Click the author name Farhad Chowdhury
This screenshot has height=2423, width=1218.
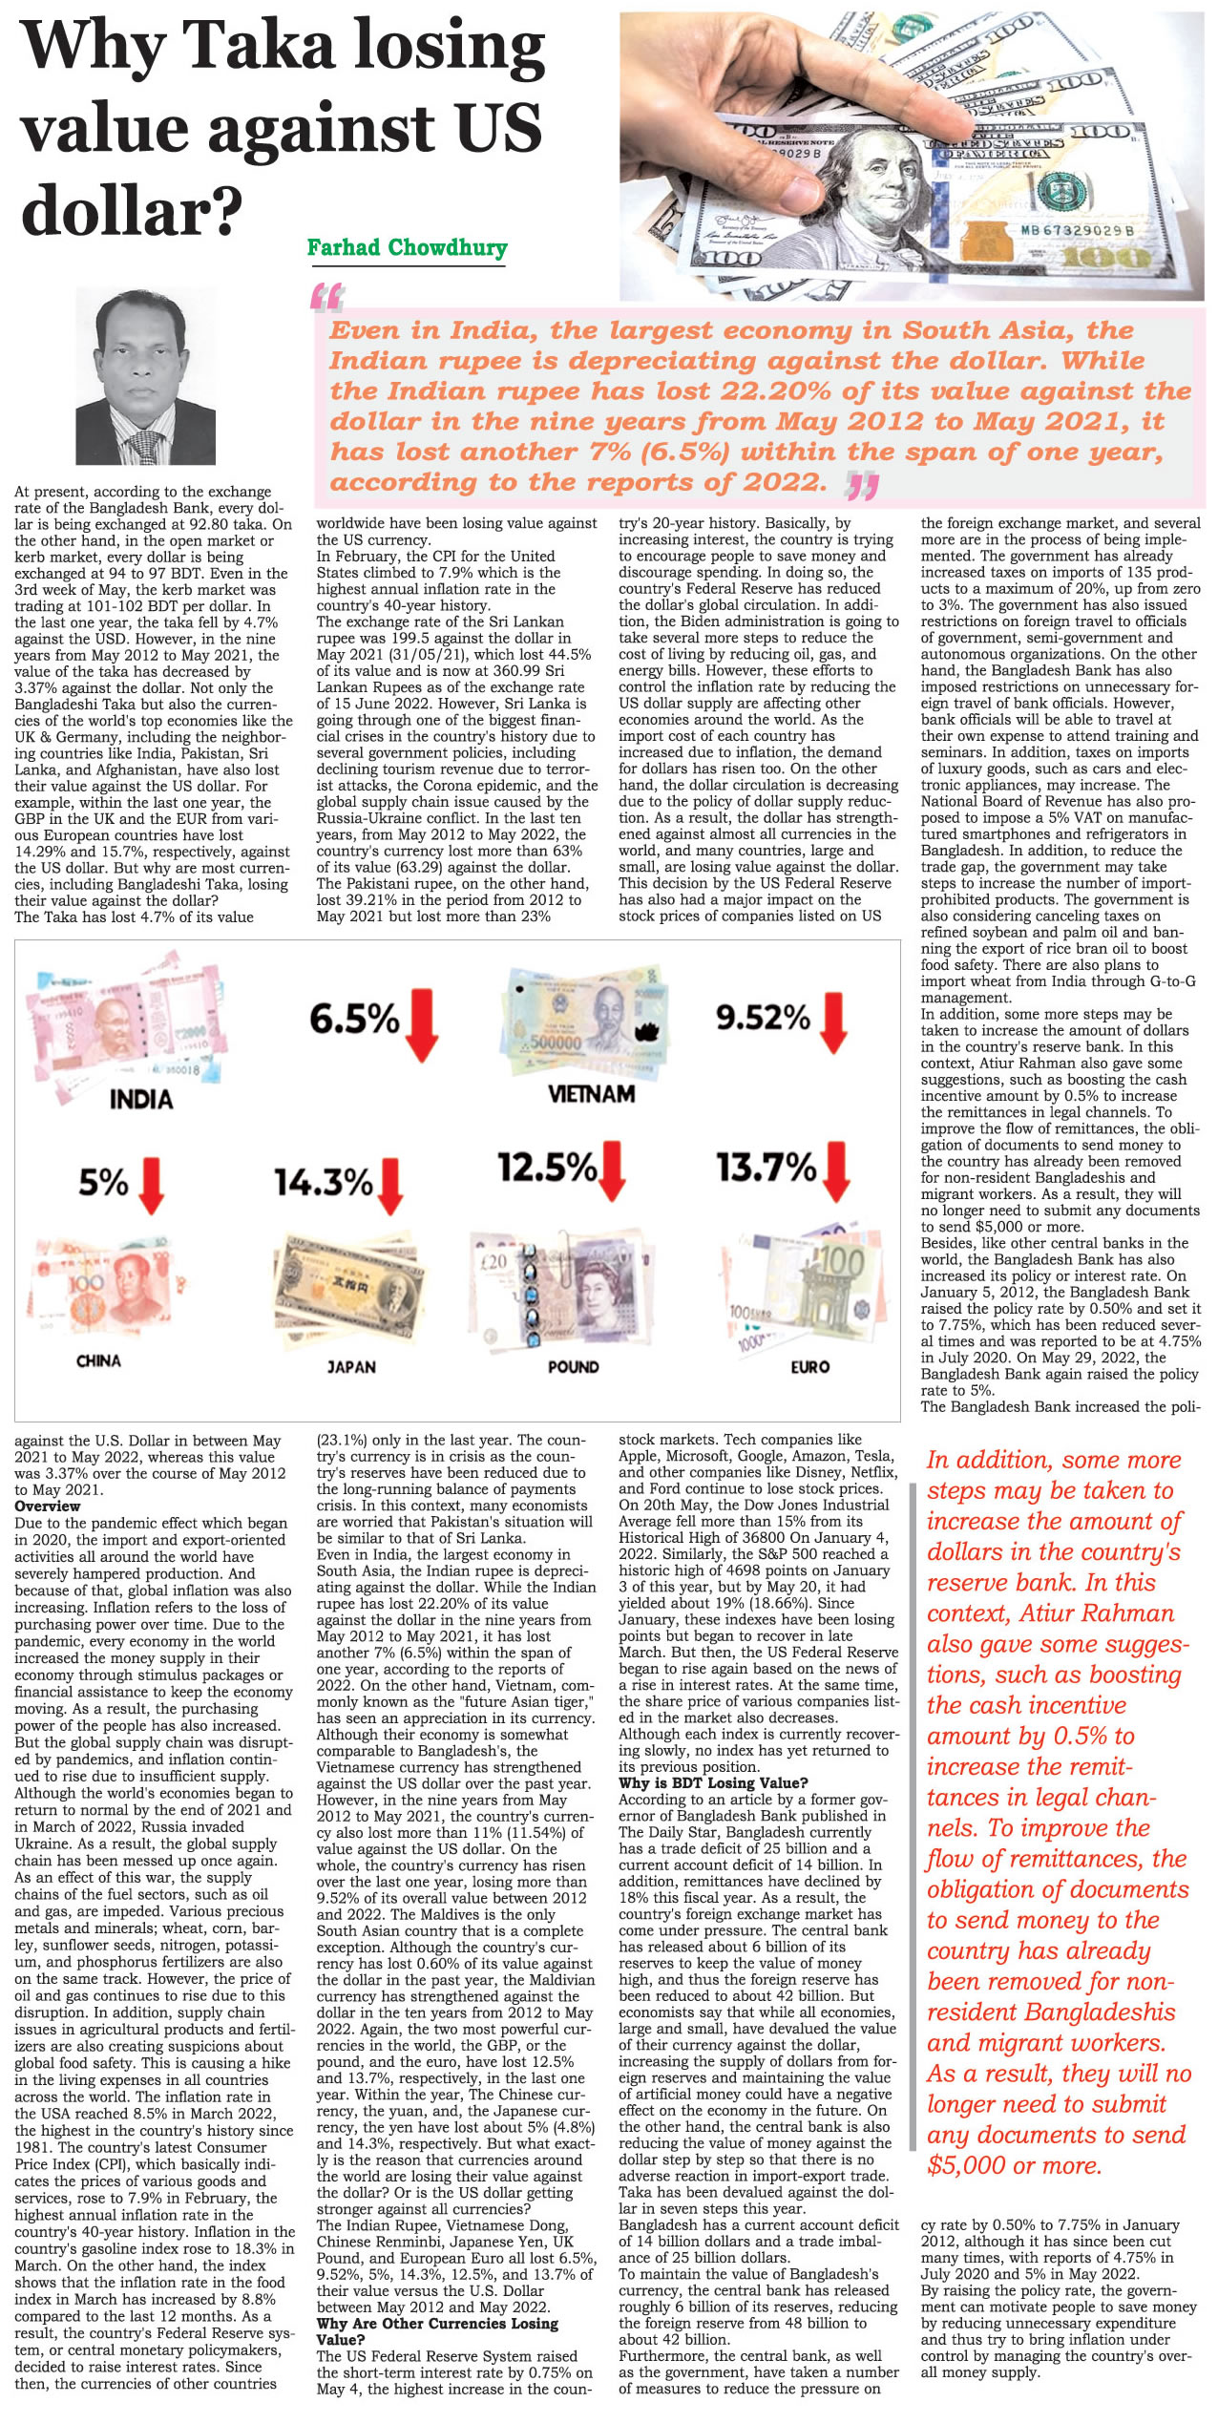pos(407,248)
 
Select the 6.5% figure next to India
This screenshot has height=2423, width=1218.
pos(354,1019)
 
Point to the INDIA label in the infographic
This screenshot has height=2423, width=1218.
pos(141,1099)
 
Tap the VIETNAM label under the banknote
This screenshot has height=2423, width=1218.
pos(591,1093)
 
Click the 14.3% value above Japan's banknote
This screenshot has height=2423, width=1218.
pos(324,1183)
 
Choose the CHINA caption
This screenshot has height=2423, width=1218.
pos(98,1360)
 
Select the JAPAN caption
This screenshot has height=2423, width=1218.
pos(351,1367)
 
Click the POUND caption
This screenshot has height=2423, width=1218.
pos(574,1367)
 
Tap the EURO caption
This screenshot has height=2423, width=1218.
pos(809,1367)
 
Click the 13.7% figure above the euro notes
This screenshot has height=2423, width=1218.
pos(766,1167)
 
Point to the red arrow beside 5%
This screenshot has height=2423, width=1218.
pos(151,1185)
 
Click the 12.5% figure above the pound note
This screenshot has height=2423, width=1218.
pos(547,1167)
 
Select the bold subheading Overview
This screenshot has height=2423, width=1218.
pos(48,1506)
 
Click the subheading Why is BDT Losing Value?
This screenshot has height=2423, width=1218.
pos(713,1782)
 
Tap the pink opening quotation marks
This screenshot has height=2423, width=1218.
pos(326,298)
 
